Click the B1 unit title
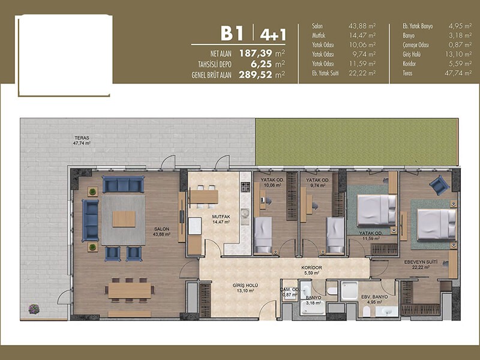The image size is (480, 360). click(x=232, y=34)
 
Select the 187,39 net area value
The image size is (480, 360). click(x=256, y=53)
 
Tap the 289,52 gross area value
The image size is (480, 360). click(x=256, y=74)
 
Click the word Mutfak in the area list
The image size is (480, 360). click(x=319, y=35)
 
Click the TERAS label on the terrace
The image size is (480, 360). click(x=82, y=138)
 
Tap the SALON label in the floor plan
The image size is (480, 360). click(x=161, y=229)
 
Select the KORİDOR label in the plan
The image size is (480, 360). click(x=311, y=268)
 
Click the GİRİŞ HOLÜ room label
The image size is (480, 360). click(x=245, y=286)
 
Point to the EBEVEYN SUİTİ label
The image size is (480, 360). click(x=421, y=262)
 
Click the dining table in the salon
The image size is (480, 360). click(x=130, y=290)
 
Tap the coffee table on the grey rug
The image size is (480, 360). click(x=124, y=219)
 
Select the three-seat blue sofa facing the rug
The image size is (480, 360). click(x=124, y=184)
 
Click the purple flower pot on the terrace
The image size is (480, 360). click(x=34, y=308)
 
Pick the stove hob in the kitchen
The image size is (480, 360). click(x=245, y=187)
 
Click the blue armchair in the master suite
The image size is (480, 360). click(x=439, y=185)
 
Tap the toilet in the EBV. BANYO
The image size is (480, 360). click(x=366, y=311)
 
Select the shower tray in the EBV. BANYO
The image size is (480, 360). click(x=350, y=291)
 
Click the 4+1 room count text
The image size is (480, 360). click(x=273, y=34)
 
